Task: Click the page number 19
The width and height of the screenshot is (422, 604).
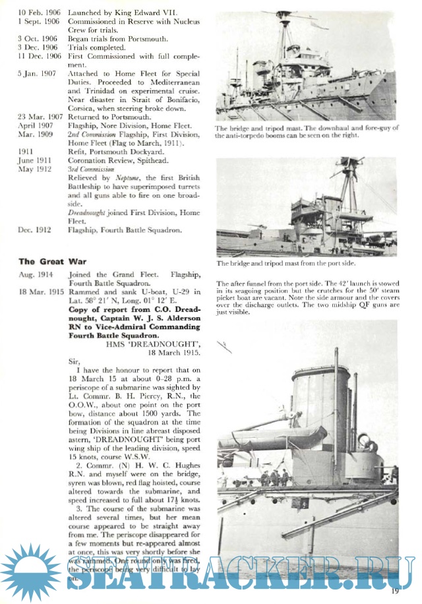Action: (x=395, y=591)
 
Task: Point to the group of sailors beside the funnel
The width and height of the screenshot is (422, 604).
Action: (x=273, y=477)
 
